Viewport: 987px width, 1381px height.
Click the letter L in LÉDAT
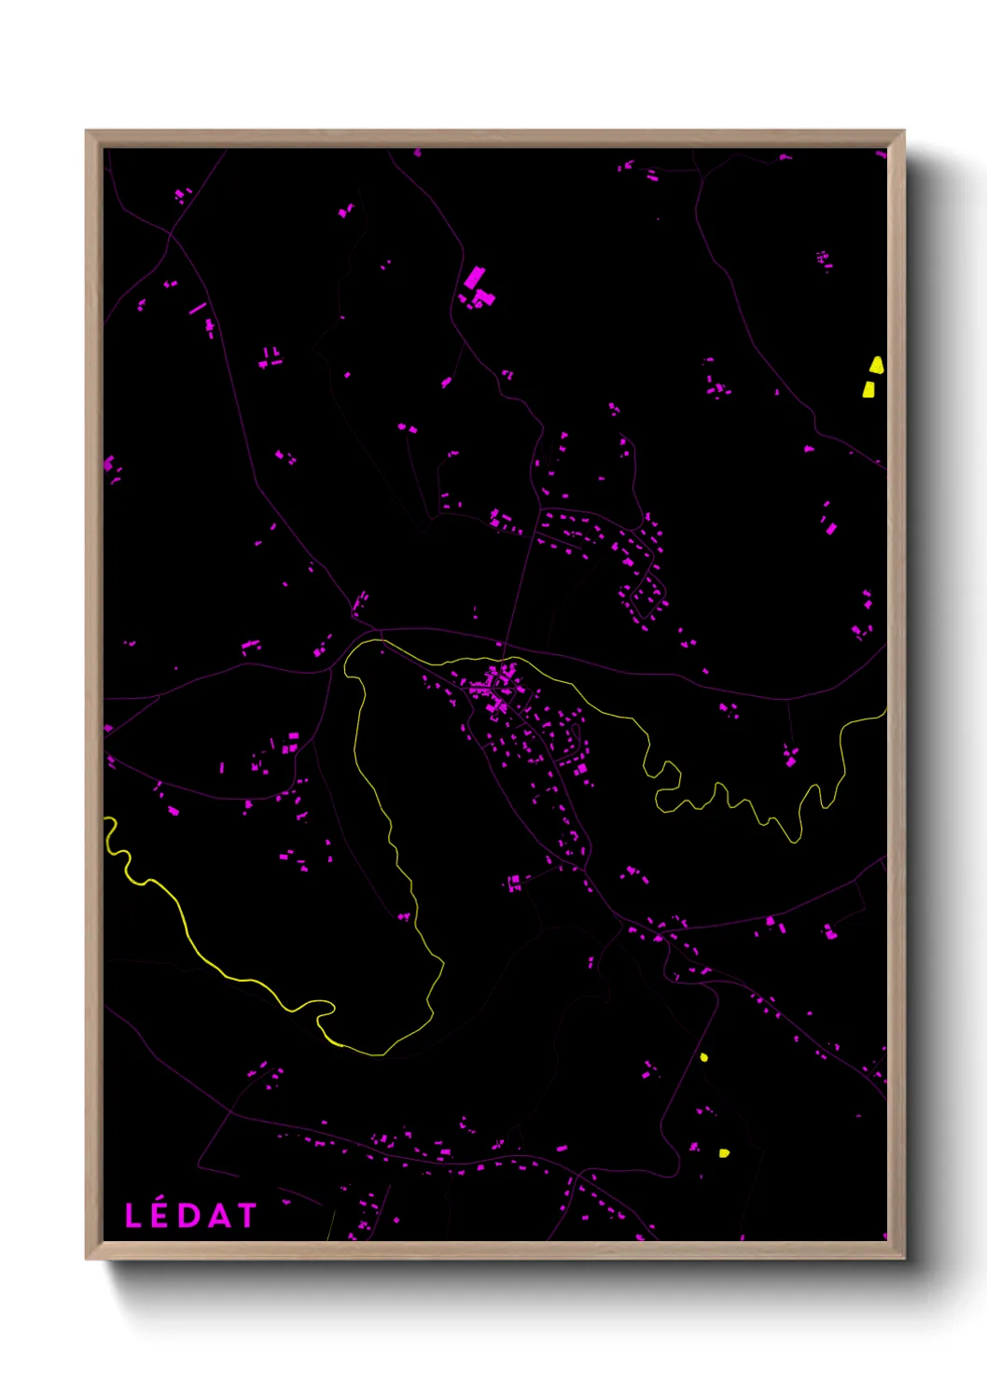coord(132,1216)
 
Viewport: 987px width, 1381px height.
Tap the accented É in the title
coord(160,1217)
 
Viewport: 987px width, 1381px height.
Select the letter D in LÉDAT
coord(189,1216)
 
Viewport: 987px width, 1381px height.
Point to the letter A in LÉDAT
coord(219,1216)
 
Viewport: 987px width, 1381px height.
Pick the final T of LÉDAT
coord(246,1216)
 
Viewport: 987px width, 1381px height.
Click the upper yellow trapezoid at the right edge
coord(877,365)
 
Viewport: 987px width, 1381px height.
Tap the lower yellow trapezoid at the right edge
coord(869,389)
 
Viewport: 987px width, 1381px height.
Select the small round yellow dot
coord(704,1057)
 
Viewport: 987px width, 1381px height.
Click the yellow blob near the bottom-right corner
coord(724,1153)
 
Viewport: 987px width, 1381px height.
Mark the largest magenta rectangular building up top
coord(474,277)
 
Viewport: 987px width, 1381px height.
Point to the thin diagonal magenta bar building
coord(198,308)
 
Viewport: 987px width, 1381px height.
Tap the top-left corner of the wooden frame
coord(87,132)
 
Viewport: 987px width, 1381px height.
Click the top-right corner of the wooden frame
coord(903,132)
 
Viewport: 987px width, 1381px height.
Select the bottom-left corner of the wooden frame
coord(87,1258)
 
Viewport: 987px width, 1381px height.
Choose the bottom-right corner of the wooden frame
coord(903,1258)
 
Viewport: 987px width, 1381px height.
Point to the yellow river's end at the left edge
coord(105,818)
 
